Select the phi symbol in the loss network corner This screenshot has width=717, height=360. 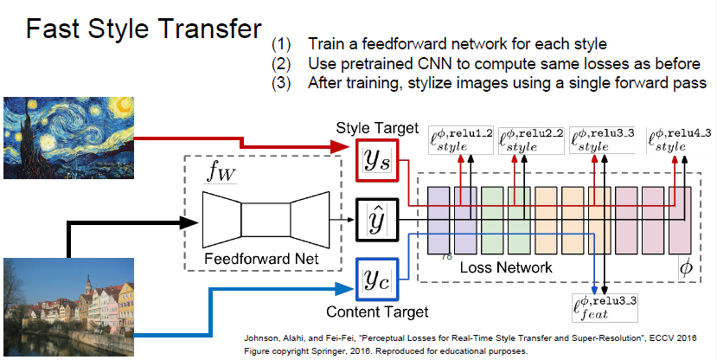[x=686, y=269]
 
